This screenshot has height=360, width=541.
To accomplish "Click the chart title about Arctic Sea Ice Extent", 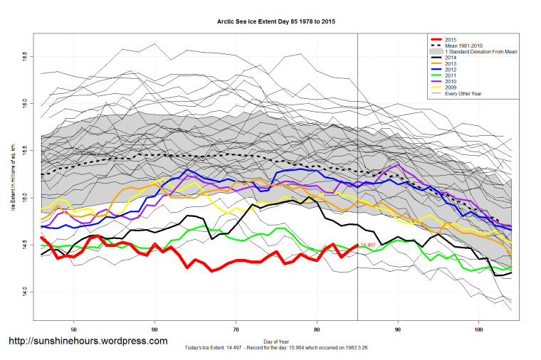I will click(276, 22).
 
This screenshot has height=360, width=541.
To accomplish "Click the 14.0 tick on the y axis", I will click(23, 291).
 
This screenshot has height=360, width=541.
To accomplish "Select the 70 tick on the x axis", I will click(236, 330).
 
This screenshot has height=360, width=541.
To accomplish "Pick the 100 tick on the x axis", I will click(479, 330).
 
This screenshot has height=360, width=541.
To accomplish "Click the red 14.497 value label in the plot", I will click(369, 245).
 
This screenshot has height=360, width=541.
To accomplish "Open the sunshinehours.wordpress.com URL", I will click(88, 340).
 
